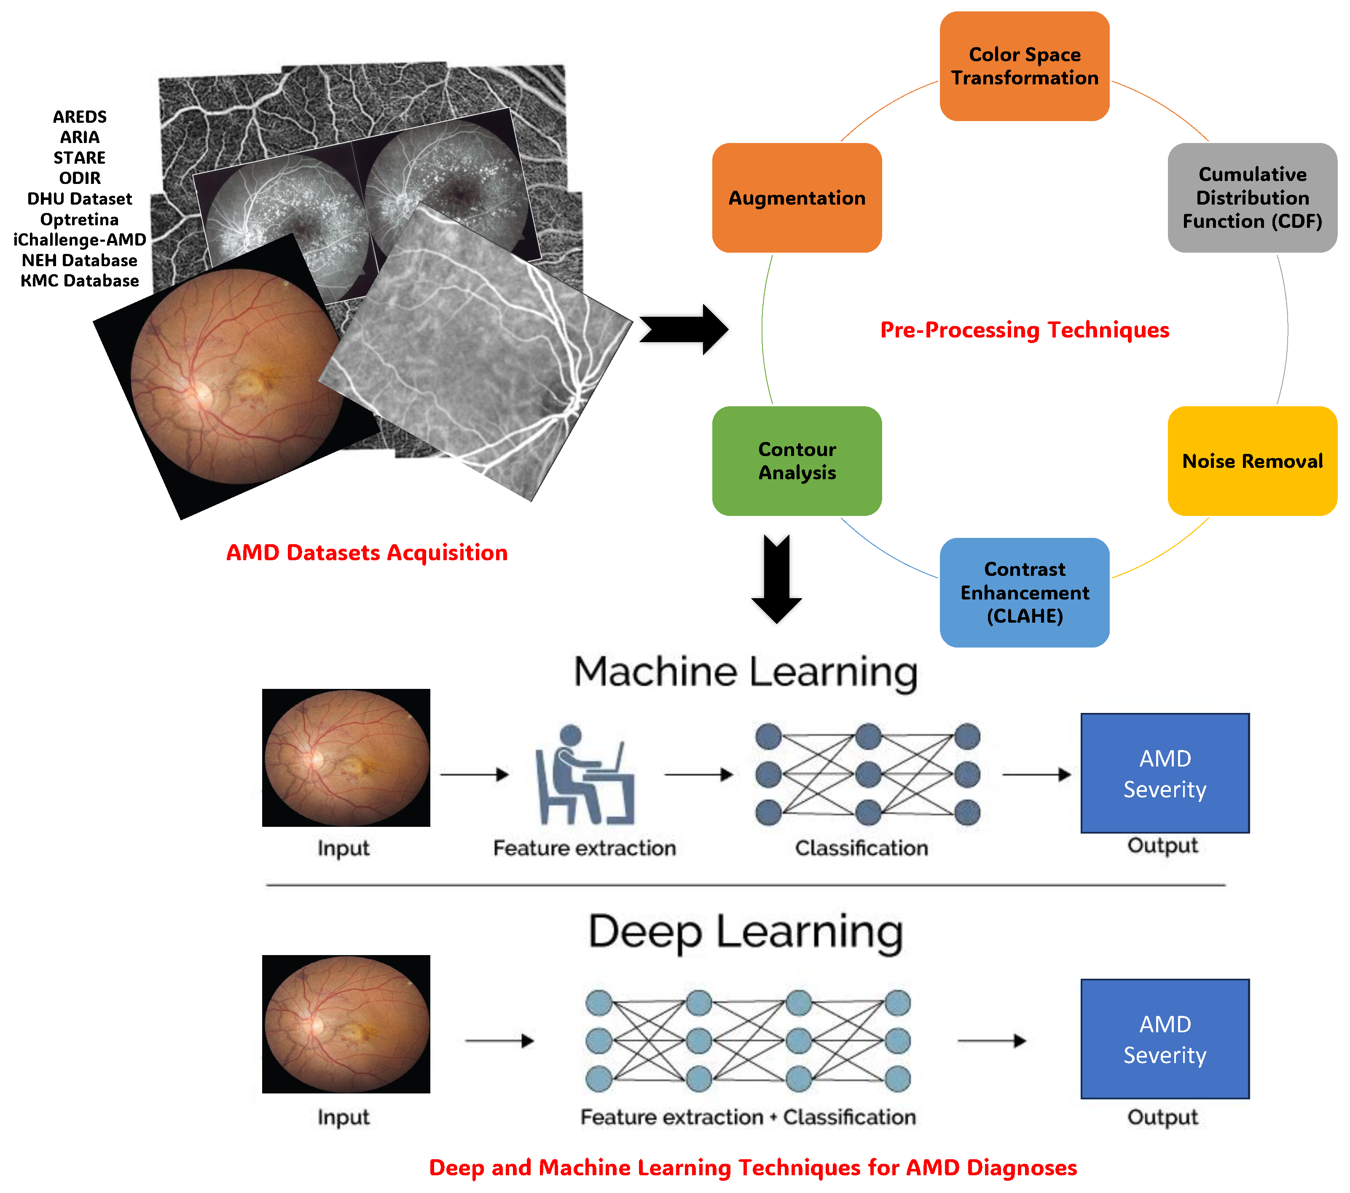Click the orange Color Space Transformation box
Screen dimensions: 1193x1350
point(1024,66)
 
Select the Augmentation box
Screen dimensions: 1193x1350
point(797,197)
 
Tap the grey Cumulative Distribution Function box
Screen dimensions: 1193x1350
point(1252,197)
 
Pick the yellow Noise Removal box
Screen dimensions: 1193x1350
point(1252,461)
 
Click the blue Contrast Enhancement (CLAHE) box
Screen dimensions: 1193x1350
point(1024,592)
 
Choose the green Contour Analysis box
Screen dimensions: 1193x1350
point(797,461)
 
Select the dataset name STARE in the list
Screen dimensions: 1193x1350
point(79,157)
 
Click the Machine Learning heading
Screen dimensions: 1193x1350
point(745,672)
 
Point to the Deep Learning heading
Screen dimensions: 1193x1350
point(745,932)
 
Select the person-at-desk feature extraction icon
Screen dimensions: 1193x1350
point(585,775)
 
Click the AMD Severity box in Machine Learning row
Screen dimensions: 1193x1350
point(1165,773)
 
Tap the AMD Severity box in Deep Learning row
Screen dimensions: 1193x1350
point(1165,1039)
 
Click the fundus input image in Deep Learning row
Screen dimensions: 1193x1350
point(346,1024)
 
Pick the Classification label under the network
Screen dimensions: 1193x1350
point(861,848)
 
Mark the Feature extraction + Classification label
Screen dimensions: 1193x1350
point(748,1117)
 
